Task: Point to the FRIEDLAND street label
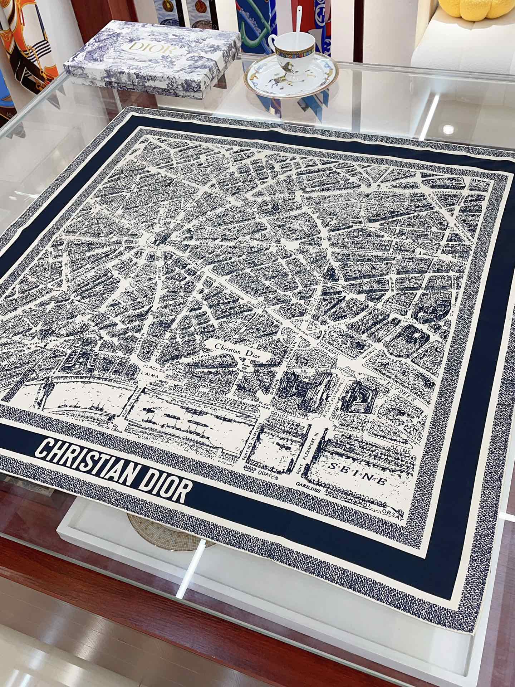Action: pos(274,247)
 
